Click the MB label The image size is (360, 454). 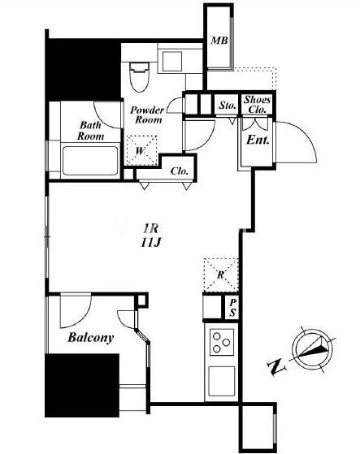[219, 41]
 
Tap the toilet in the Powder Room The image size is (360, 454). [139, 77]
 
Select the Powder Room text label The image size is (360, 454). [148, 115]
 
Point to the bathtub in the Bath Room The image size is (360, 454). [90, 161]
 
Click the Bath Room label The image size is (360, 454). [90, 131]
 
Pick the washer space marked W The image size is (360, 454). [141, 150]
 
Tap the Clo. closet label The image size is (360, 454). [180, 171]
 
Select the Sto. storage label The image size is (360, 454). [227, 105]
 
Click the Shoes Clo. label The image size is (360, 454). [257, 105]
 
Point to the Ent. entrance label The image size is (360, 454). [258, 141]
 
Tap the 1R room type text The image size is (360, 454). [151, 229]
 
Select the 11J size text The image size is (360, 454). [150, 243]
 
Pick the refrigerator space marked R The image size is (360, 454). [221, 275]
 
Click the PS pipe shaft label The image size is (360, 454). [232, 308]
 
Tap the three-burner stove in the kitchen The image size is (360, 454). [222, 342]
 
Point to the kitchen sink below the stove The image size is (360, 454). [222, 381]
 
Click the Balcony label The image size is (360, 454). [91, 338]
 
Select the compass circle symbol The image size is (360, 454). [312, 348]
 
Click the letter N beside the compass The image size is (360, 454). [277, 367]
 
